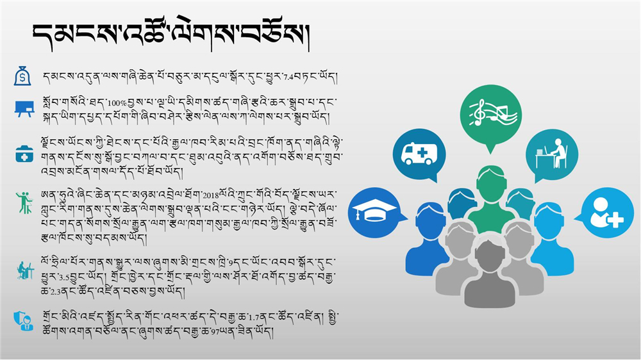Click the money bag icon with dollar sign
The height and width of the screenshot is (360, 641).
pos(22,76)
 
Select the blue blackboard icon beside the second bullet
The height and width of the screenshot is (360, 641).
pos(24,109)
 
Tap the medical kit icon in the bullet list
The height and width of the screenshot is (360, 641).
pos(24,154)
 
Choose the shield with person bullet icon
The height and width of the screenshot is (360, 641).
pos(23,321)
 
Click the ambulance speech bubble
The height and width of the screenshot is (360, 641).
pos(419,155)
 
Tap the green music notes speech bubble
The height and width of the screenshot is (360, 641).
pos(490,115)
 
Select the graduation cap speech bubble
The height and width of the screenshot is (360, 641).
pos(375,213)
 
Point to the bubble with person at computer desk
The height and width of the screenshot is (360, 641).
pos(551,155)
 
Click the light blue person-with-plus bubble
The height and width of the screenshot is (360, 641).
pos(606,213)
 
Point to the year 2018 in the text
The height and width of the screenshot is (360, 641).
pos(211,195)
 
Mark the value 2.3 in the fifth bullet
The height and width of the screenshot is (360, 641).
pos(56,292)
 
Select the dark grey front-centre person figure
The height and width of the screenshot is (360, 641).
pos(489,273)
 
